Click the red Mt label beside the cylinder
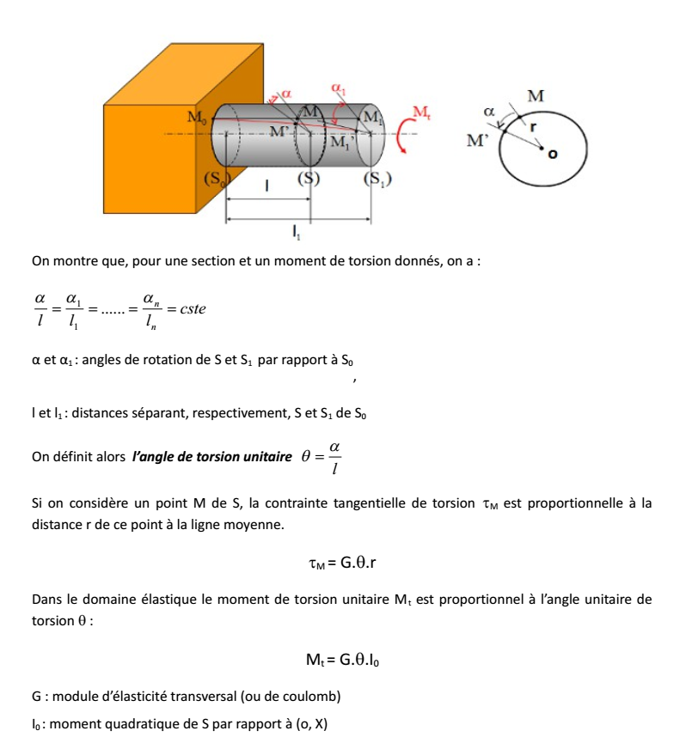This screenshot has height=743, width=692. click(x=421, y=112)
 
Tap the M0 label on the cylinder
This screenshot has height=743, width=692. click(x=198, y=116)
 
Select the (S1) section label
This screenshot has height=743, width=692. click(x=377, y=180)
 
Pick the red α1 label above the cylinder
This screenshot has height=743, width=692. click(x=338, y=88)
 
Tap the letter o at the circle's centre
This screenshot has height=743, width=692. click(x=552, y=155)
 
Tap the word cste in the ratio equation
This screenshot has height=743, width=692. click(x=188, y=308)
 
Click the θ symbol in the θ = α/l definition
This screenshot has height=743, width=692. click(x=305, y=456)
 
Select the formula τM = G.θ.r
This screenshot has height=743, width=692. click(x=346, y=564)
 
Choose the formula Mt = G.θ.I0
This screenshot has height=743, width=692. click(x=346, y=660)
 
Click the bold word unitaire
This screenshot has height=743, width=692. click(x=264, y=457)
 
